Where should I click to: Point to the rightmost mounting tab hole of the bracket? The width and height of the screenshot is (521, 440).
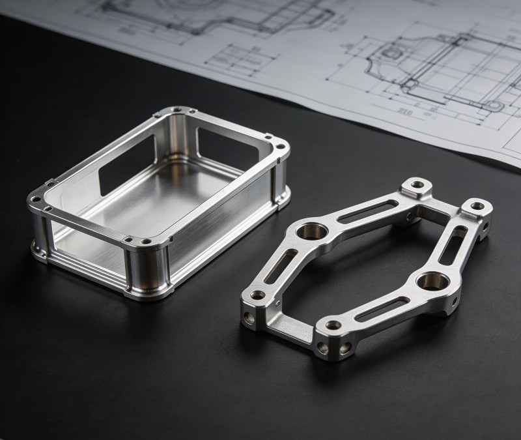point(477,207)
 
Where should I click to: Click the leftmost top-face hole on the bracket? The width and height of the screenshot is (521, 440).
point(258,295)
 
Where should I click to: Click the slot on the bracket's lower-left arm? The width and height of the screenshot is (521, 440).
point(281,265)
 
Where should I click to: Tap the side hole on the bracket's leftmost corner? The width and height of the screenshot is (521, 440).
point(248,319)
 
